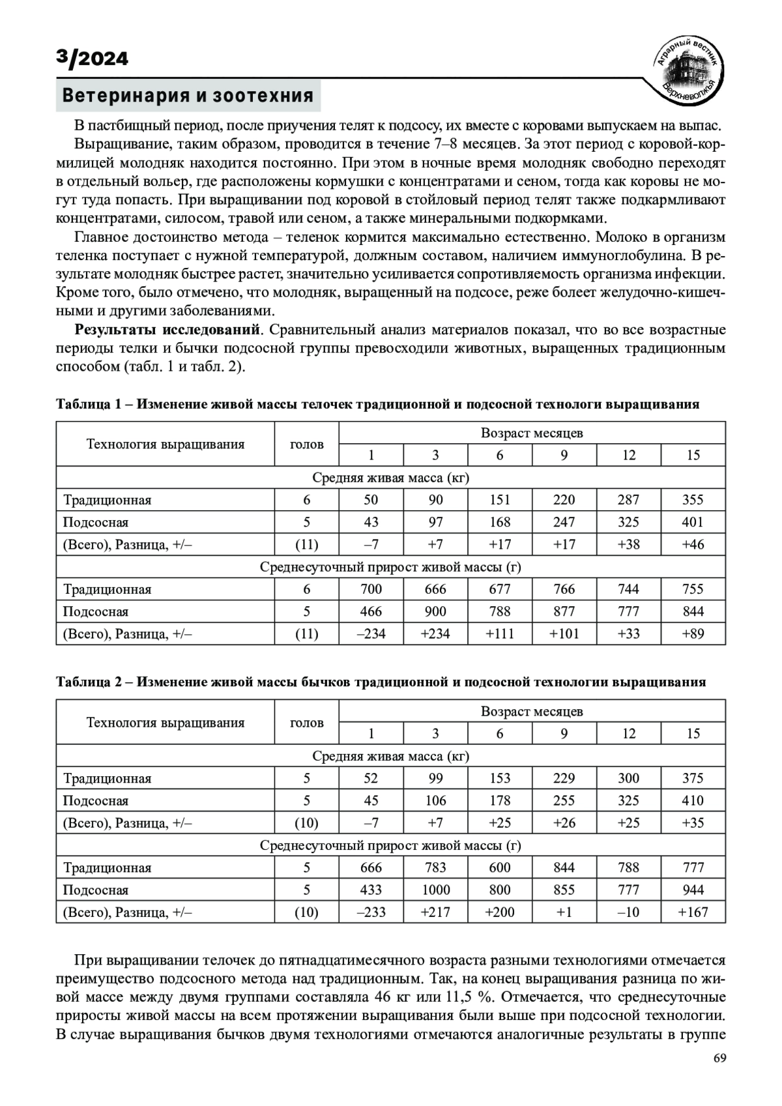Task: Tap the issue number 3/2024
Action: (x=92, y=59)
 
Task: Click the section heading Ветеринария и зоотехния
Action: (x=188, y=96)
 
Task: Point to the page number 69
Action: (x=719, y=1076)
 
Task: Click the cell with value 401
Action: (x=693, y=522)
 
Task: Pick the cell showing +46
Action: (x=693, y=544)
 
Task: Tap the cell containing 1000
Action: (x=435, y=890)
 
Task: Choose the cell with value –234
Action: (x=371, y=633)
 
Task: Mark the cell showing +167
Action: (x=693, y=912)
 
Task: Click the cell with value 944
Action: (x=693, y=890)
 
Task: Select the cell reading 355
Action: (x=693, y=500)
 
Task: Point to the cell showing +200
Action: (x=500, y=912)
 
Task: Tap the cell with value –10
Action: (x=629, y=912)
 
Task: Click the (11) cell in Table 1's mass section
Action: (x=306, y=544)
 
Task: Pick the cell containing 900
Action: (x=435, y=611)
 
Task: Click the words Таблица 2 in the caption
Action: (x=89, y=682)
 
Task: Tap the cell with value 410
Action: (x=693, y=800)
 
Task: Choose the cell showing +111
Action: (x=500, y=633)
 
